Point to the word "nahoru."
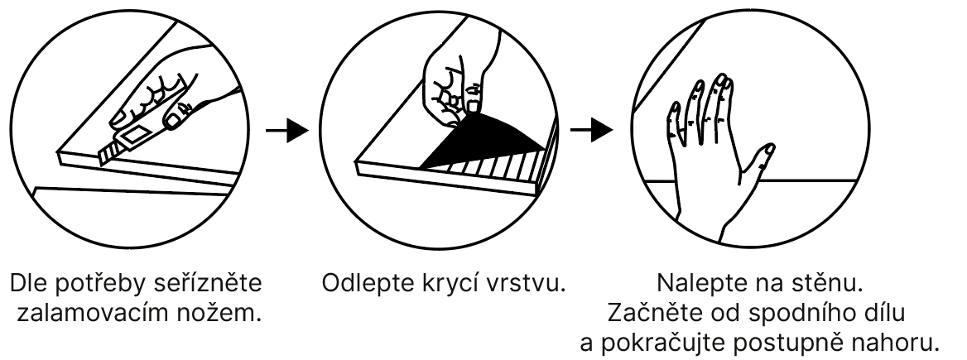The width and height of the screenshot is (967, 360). [x=903, y=343]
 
